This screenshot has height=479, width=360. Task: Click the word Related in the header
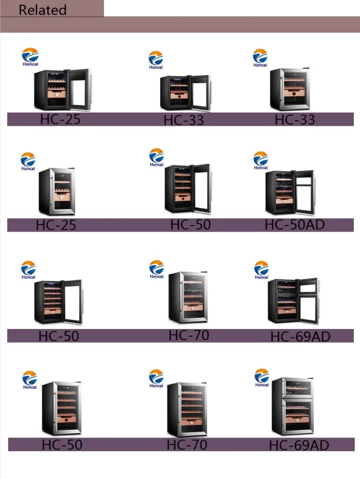pos(43,10)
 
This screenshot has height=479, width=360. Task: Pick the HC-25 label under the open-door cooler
pos(60,120)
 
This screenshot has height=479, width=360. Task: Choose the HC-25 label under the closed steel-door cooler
pos(56,225)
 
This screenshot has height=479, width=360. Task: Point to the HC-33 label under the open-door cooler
pos(184,120)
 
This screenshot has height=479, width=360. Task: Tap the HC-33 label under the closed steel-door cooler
pos(295,120)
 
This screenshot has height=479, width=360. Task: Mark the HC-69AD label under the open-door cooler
pos(300,336)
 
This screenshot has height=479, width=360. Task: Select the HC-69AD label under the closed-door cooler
pos(299,445)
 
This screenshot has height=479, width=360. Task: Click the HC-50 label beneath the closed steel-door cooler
pos(62,445)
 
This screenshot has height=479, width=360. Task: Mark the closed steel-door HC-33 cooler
pos(290,90)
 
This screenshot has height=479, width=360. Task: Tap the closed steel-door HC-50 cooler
pos(61,408)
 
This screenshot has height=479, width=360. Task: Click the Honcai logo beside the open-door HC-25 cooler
pos(30,56)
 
